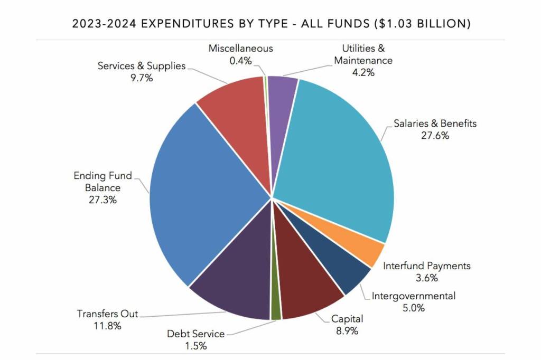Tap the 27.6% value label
pyautogui.click(x=435, y=136)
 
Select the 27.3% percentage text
pyautogui.click(x=104, y=200)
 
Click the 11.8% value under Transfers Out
pyautogui.click(x=107, y=326)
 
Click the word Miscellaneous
pyautogui.click(x=240, y=48)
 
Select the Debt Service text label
pyautogui.click(x=195, y=334)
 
